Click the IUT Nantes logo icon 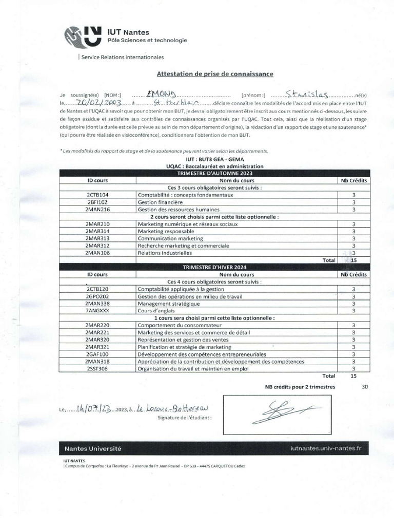(x=83, y=36)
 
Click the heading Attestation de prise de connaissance (x=214, y=74)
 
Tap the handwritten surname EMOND (x=161, y=94)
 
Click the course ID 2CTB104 (x=97, y=195)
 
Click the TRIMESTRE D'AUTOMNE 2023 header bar (x=214, y=174)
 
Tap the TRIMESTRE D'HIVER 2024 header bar (x=214, y=267)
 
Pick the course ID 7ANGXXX (x=97, y=311)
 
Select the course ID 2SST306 (x=97, y=368)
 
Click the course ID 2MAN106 (x=97, y=253)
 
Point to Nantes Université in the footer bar (x=93, y=448)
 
